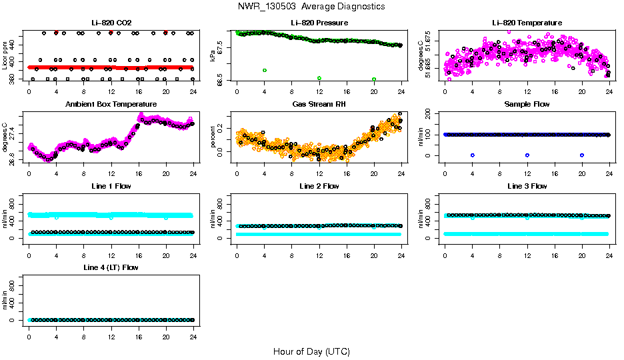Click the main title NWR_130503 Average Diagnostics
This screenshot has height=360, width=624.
coord(311,7)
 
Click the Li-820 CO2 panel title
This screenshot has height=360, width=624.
coord(110,23)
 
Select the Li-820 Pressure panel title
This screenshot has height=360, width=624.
coord(319,23)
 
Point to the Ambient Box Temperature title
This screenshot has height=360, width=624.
coord(110,105)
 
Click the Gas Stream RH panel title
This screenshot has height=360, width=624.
coord(319,105)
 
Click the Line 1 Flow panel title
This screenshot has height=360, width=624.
coord(110,186)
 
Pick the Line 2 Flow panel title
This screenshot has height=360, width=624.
coord(319,186)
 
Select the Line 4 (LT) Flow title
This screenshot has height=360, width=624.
coord(110,267)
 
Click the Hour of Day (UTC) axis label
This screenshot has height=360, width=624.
coord(311,351)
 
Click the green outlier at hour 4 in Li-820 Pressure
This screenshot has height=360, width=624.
coord(265,70)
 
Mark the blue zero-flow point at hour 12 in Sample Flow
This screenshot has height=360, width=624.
coord(527,155)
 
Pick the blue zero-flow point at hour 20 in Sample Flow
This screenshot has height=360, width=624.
coord(582,155)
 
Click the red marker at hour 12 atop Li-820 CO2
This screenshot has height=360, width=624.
coord(111,32)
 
